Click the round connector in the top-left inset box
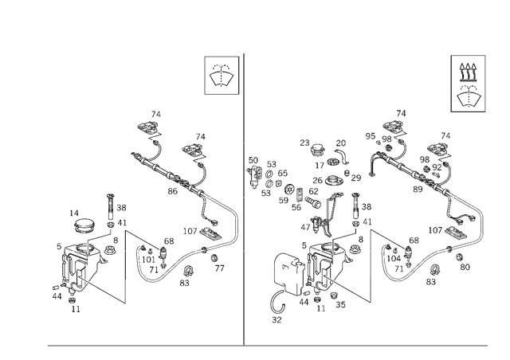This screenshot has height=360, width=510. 221,76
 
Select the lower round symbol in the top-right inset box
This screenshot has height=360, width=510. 468,99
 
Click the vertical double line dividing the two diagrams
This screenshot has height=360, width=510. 243,199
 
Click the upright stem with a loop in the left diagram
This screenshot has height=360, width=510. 112,204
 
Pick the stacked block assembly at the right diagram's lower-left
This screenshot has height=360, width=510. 319,267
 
